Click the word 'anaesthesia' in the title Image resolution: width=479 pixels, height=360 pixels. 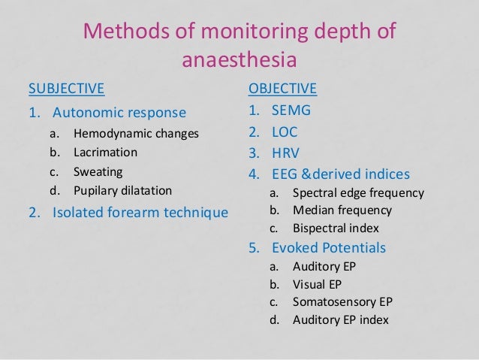pyautogui.click(x=239, y=59)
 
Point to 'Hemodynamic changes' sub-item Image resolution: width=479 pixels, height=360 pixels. pyautogui.click(x=136, y=135)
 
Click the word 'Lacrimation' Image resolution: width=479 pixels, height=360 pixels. pyautogui.click(x=105, y=153)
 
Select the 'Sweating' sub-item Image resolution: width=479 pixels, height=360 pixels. pyautogui.click(x=98, y=171)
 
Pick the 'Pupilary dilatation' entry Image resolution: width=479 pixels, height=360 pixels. pyautogui.click(x=122, y=190)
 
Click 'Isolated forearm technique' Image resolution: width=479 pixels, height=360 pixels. pyautogui.click(x=140, y=213)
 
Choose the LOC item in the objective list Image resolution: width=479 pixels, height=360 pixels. pyautogui.click(x=285, y=132)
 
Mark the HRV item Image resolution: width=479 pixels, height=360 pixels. pyautogui.click(x=285, y=153)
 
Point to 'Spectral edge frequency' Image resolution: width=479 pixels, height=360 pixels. pyautogui.click(x=358, y=193)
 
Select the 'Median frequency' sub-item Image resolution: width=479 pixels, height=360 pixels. pyautogui.click(x=342, y=210)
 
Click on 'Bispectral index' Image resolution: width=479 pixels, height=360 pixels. pyautogui.click(x=336, y=228)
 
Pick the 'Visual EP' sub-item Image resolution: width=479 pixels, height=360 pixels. pyautogui.click(x=318, y=285)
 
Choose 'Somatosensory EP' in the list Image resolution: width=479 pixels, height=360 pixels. pyautogui.click(x=342, y=303)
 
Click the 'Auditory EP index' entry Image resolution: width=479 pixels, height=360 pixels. pyautogui.click(x=340, y=321)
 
